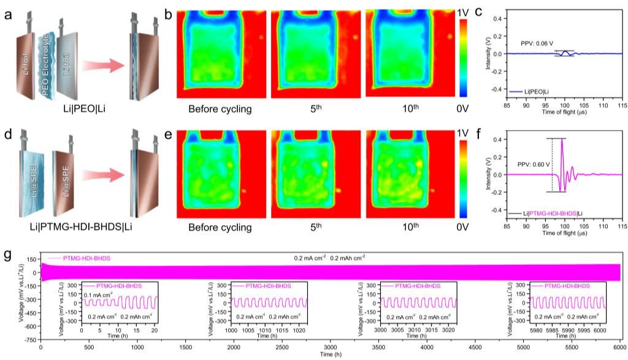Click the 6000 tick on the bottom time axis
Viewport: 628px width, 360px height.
coord(621,347)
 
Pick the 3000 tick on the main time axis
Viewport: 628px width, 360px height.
coord(331,347)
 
